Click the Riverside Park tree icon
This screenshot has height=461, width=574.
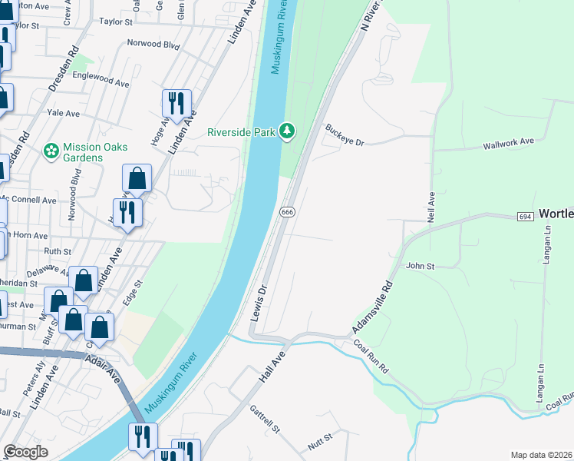click(287, 131)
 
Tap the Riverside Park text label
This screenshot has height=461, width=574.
click(241, 132)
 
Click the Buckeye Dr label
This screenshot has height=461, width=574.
click(343, 134)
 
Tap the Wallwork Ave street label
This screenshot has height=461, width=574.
click(508, 144)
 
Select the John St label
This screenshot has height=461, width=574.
click(420, 266)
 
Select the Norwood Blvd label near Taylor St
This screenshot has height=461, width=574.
click(153, 45)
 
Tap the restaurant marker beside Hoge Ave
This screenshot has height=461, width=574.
click(176, 104)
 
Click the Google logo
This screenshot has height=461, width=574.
click(25, 452)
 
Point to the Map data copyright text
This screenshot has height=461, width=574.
click(541, 455)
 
